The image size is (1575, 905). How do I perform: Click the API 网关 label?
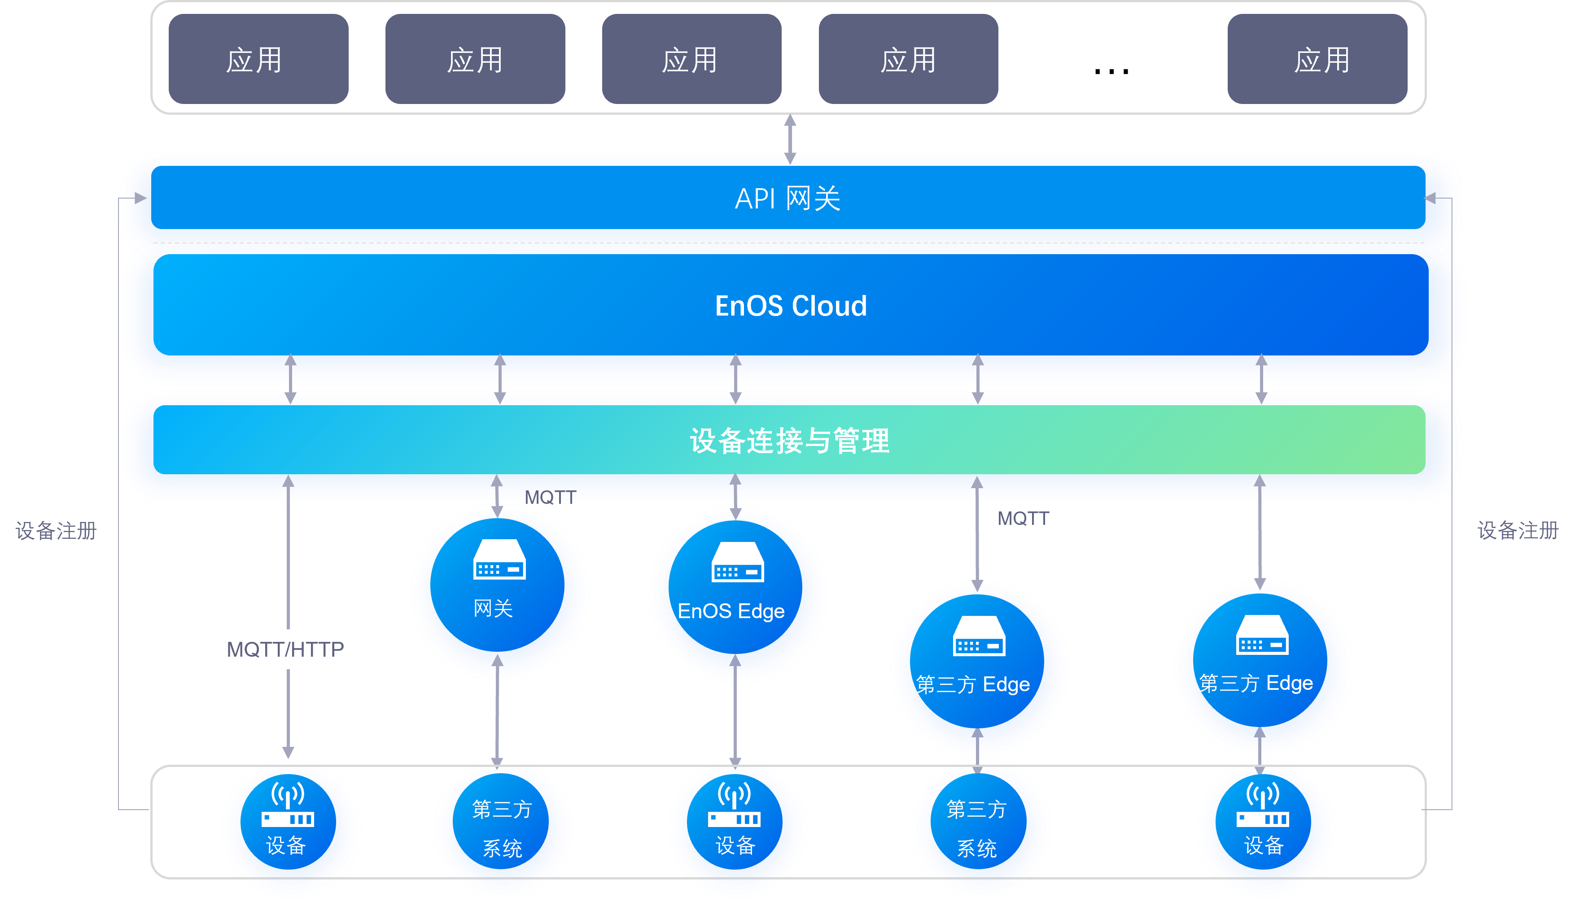787,199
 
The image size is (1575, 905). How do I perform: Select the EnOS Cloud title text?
791,306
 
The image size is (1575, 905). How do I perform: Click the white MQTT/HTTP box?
289,650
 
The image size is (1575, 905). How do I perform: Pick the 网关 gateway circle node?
499,592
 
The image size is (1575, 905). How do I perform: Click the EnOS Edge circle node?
737,593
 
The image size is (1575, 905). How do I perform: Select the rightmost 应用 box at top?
1317,60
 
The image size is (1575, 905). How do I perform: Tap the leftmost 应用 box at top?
258,60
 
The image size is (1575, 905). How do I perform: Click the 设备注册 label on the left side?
56,531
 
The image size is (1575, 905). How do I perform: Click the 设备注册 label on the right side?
1518,530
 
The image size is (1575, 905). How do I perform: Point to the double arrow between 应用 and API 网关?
790,139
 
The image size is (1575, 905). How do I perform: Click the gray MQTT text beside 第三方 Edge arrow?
1023,518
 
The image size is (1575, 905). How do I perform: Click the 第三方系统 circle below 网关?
502,828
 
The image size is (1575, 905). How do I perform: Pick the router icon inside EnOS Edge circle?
738,562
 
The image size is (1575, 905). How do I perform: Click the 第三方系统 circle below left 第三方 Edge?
978,828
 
